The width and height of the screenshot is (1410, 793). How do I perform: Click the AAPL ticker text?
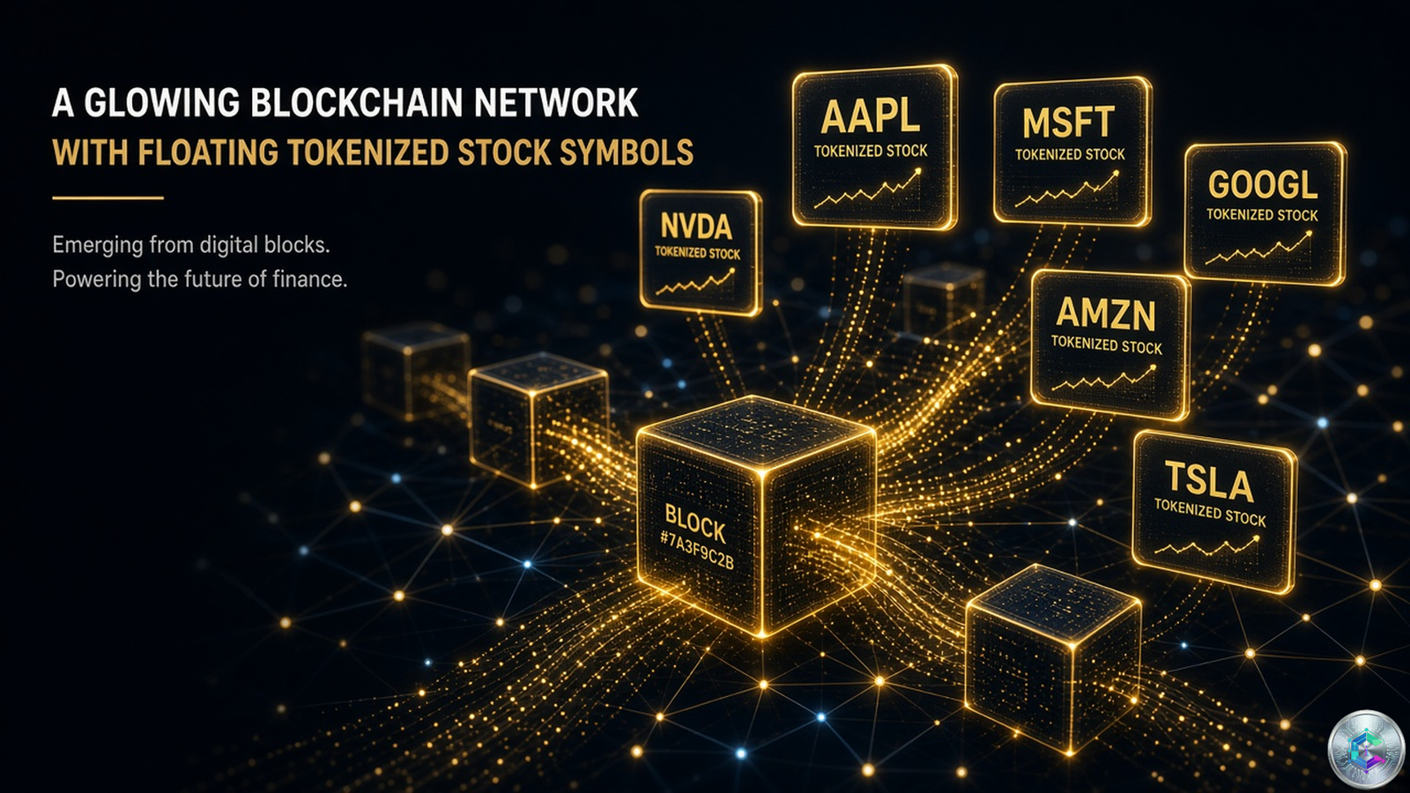coord(871,117)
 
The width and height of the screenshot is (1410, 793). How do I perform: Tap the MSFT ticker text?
coord(1068,122)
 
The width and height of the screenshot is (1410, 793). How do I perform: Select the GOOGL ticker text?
coord(1263,185)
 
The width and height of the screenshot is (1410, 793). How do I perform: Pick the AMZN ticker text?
coord(1106,314)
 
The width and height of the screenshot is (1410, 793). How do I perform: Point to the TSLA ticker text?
coord(1208,482)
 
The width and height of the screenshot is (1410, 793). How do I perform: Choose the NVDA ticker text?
coord(696,227)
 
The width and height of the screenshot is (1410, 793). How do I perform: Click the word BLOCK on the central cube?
coord(695,523)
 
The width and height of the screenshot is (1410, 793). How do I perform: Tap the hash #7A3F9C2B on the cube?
coord(697,551)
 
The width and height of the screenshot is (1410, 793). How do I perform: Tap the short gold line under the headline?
coord(108,197)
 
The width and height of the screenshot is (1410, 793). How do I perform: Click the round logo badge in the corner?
coord(1366,749)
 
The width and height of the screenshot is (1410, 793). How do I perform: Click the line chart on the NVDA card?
coord(695,282)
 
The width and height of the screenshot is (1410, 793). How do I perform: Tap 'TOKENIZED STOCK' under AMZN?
coord(1106,345)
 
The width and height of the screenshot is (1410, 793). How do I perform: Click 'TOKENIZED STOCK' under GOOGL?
coord(1262,215)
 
